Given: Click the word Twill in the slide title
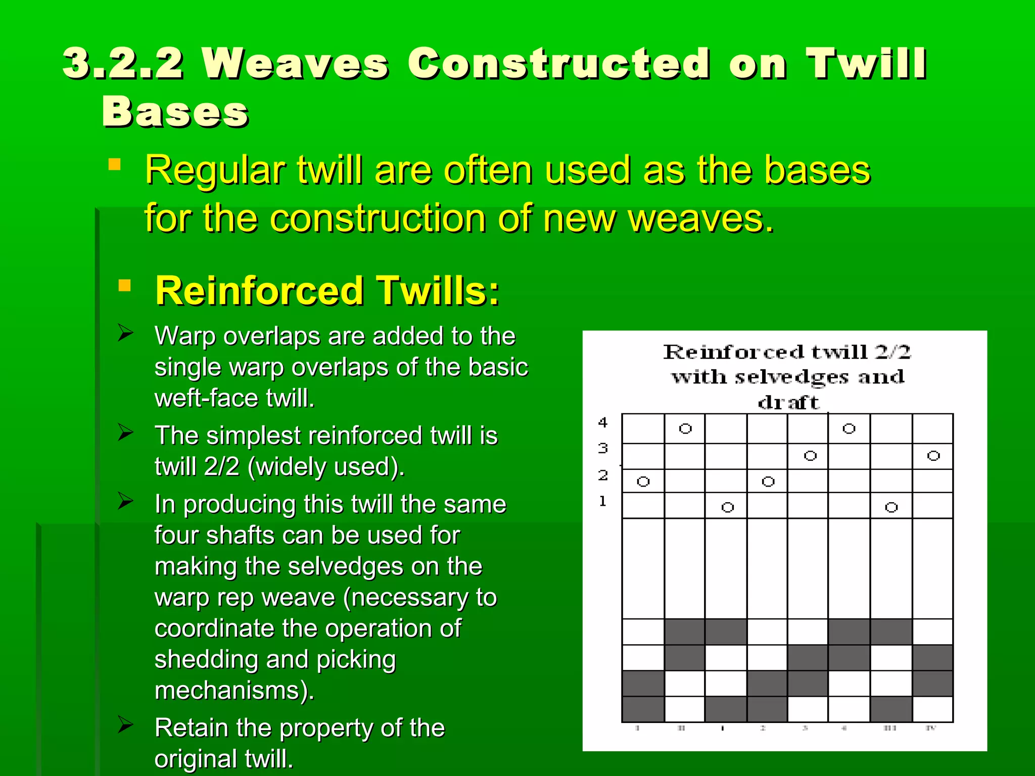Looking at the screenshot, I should pos(866,64).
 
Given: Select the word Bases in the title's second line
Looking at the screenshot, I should pos(175,112).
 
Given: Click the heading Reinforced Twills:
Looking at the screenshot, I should pos(327,292).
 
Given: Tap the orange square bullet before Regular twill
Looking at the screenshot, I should pos(115,165).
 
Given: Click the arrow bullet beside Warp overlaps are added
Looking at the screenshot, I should pos(125,333).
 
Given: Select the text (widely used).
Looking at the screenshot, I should pos(326,466).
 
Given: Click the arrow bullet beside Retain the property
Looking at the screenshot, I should pos(125,724).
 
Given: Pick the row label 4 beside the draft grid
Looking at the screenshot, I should pos(603,422).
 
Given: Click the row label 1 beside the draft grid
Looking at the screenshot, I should pos(602,501).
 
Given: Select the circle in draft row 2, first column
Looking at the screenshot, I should pos(643,481).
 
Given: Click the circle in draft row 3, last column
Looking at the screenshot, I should pos(933,456).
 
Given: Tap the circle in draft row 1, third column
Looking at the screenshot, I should pos(727,507).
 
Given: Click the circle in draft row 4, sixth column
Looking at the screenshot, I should pos(849,429).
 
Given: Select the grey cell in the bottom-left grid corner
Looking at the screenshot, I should pos(643,709).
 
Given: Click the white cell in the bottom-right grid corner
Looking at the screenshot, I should pos(933,709).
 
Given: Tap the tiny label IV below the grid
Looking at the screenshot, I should pos(931,729).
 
